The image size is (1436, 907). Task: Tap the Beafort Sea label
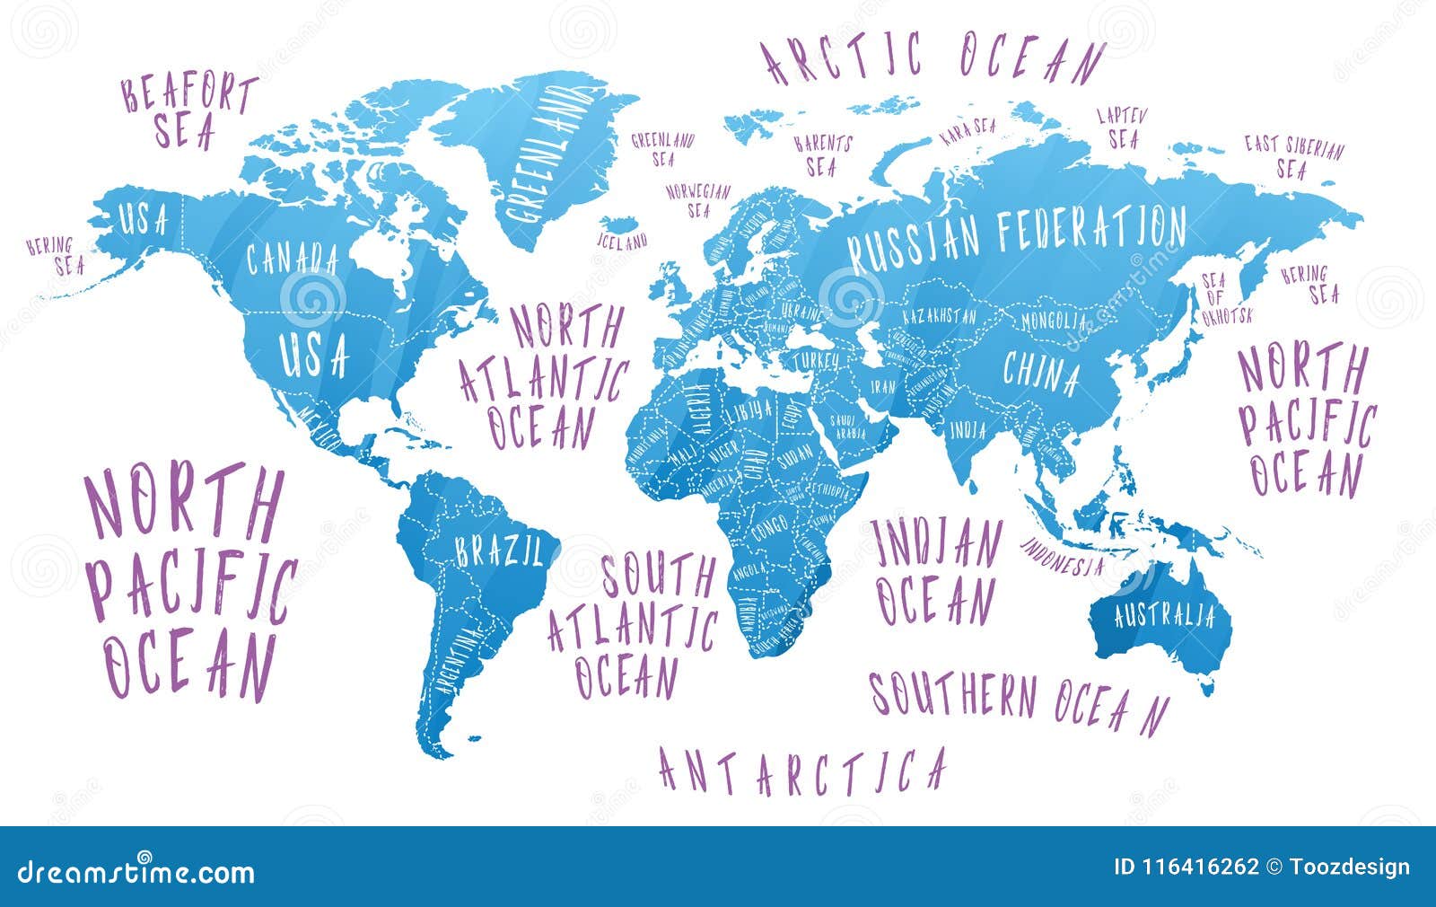point(189,111)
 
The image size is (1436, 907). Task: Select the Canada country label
point(292,260)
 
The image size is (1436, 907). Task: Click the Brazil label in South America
point(498,551)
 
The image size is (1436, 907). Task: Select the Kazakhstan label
point(939,317)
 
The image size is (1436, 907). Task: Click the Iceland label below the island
point(622,241)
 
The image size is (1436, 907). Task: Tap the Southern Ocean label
point(1019,700)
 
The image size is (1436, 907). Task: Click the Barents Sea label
point(822,154)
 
